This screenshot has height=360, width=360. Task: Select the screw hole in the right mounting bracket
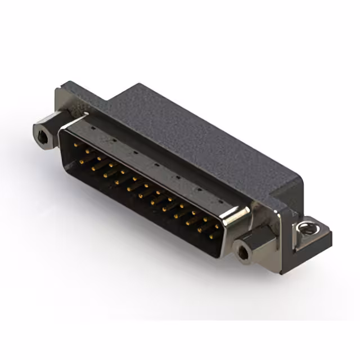point(305,227)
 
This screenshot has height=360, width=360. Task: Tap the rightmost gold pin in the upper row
point(217,227)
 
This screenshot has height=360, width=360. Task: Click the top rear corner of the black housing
point(135,85)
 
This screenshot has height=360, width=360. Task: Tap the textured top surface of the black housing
point(197,135)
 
